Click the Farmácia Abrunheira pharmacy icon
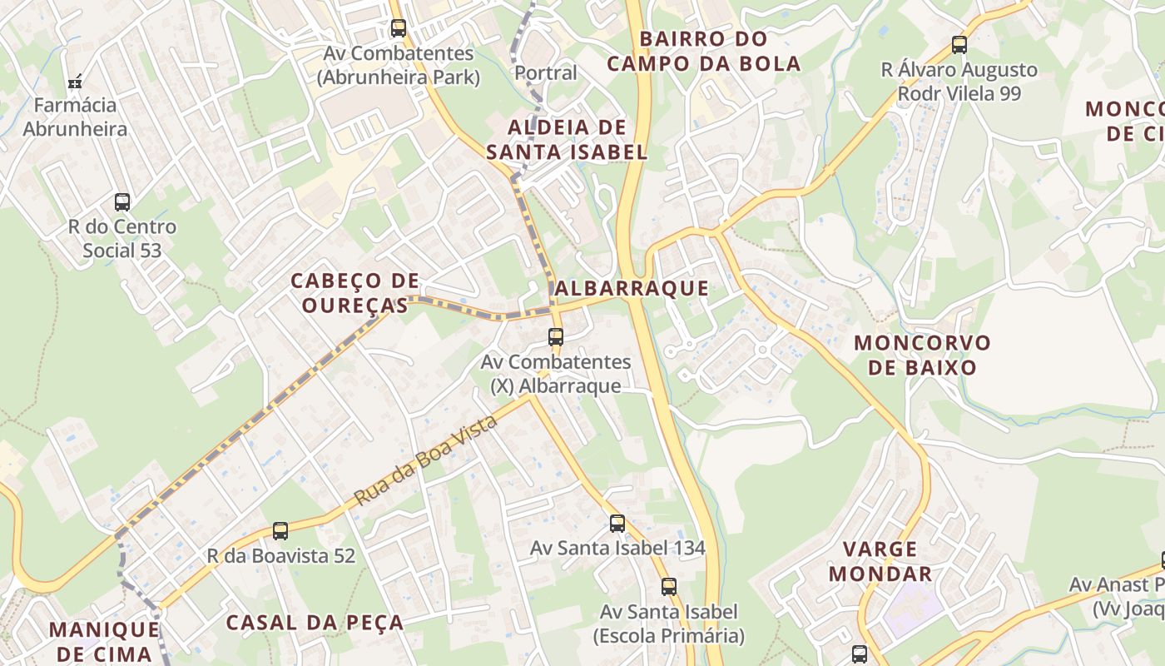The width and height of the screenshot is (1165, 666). click(x=75, y=82)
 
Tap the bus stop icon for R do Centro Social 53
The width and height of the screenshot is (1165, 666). click(x=122, y=201)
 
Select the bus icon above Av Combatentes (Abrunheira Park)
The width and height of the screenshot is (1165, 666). click(x=399, y=28)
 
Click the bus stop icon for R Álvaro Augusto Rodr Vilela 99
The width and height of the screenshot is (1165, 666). click(x=959, y=45)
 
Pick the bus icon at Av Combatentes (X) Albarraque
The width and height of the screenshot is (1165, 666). click(x=556, y=337)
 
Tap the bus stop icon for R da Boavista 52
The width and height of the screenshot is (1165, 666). click(x=280, y=531)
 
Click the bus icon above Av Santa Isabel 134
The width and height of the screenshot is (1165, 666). click(x=617, y=524)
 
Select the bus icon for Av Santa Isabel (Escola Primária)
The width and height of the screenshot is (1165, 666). click(x=669, y=586)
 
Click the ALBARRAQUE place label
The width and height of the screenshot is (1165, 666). click(x=632, y=289)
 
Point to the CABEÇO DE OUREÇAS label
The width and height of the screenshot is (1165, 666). click(x=355, y=293)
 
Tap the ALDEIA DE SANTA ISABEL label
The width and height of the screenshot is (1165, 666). click(x=567, y=140)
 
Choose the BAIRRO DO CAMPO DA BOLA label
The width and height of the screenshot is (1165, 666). click(x=703, y=52)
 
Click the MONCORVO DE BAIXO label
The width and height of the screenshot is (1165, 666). click(x=922, y=355)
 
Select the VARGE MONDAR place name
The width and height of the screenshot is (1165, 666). click(x=880, y=561)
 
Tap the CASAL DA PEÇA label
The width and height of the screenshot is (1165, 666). click(x=315, y=623)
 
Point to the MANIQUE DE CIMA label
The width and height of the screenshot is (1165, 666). click(x=104, y=641)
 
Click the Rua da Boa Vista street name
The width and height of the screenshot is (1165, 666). click(x=426, y=460)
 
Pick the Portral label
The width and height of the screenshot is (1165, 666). click(x=545, y=73)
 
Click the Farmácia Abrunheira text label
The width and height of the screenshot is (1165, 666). click(x=75, y=117)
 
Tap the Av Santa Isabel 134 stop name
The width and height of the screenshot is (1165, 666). click(x=617, y=548)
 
